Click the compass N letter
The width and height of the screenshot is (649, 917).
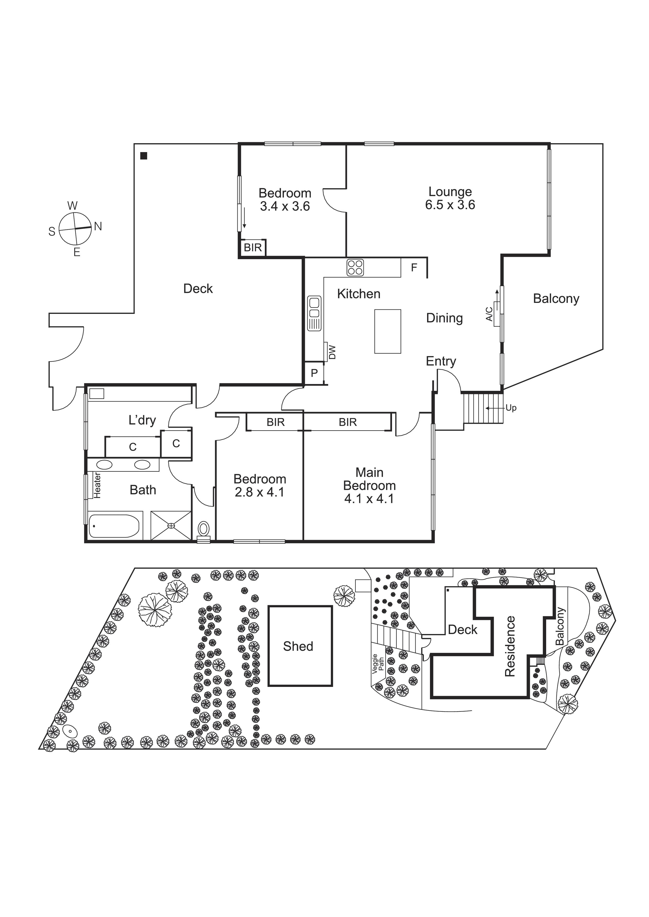coord(98,227)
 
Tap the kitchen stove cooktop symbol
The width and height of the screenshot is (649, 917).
coord(355,268)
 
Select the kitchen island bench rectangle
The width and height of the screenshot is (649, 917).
coord(387,331)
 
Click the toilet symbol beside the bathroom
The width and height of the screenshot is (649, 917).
coord(203,530)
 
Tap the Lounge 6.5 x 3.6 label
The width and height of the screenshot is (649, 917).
coord(450,198)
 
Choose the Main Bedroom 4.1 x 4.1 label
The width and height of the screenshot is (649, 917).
coord(369,485)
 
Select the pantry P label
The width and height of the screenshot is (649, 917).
coord(314,373)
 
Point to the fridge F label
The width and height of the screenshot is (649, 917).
coord(414,268)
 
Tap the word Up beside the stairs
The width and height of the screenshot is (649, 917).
coord(511,408)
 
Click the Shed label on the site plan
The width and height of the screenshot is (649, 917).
coord(298,646)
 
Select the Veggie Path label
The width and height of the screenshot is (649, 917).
coord(378,664)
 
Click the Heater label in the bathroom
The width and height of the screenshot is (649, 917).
coord(97,485)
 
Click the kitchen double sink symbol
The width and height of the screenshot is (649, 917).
coord(314,313)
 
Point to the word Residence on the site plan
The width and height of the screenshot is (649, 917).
coord(510,646)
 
